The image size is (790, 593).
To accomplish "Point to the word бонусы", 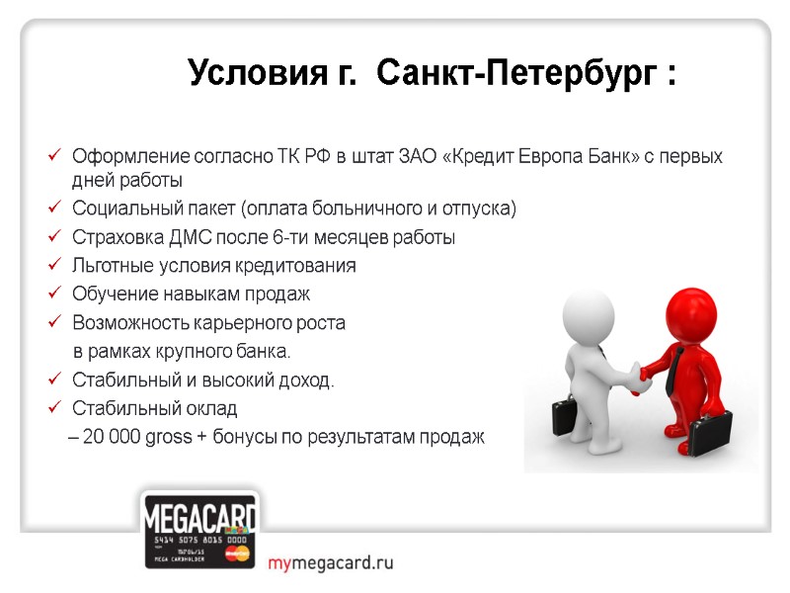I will pos(242,438).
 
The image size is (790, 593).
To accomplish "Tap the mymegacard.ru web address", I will pos(331,563).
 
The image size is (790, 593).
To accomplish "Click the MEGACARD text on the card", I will pos(200,518).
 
